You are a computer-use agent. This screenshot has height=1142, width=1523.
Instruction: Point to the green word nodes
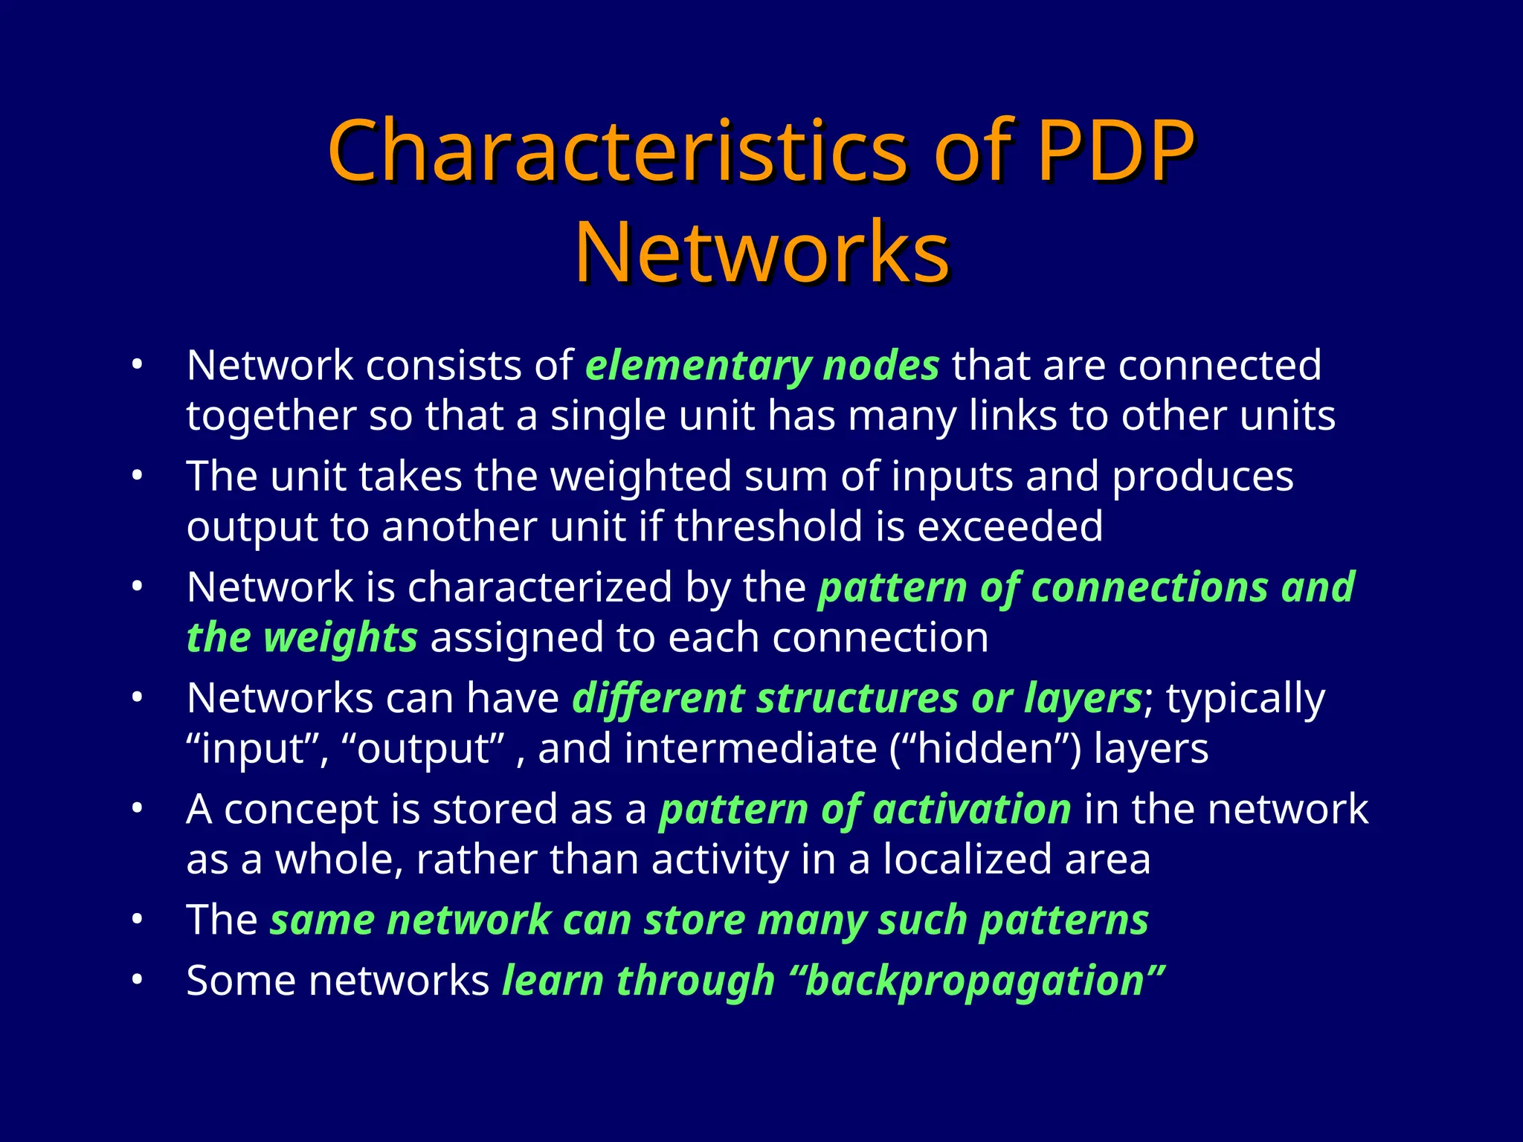[x=881, y=366]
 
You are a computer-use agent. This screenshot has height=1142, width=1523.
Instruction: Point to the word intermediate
[x=750, y=749]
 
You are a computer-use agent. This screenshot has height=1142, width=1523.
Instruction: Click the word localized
[x=967, y=859]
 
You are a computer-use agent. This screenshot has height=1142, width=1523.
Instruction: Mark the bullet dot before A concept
[x=136, y=809]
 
